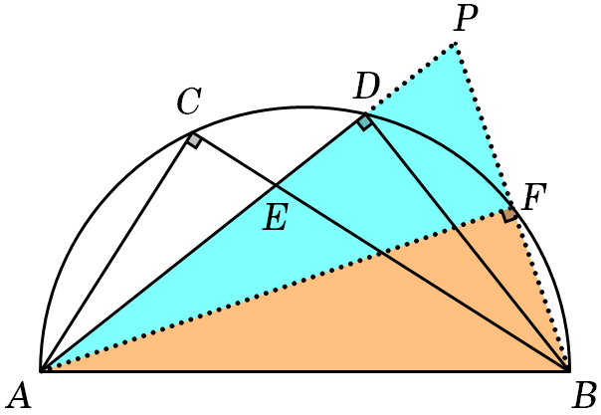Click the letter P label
click(466, 18)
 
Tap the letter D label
click(367, 87)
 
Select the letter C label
click(189, 102)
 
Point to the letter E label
click(276, 217)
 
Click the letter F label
click(534, 197)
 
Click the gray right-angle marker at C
click(195, 140)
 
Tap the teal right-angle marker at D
click(364, 122)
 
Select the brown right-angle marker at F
click(509, 215)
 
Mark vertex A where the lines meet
click(42, 370)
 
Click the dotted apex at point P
click(456, 44)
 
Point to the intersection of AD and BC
click(276, 186)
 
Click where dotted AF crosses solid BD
click(454, 228)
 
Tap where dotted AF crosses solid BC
click(381, 254)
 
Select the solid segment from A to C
click(116, 252)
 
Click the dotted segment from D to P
click(411, 79)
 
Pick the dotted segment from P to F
click(484, 127)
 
